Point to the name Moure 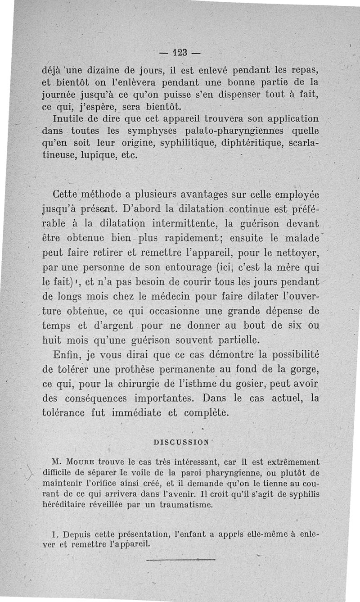(80, 462)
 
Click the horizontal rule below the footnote (181, 560)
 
